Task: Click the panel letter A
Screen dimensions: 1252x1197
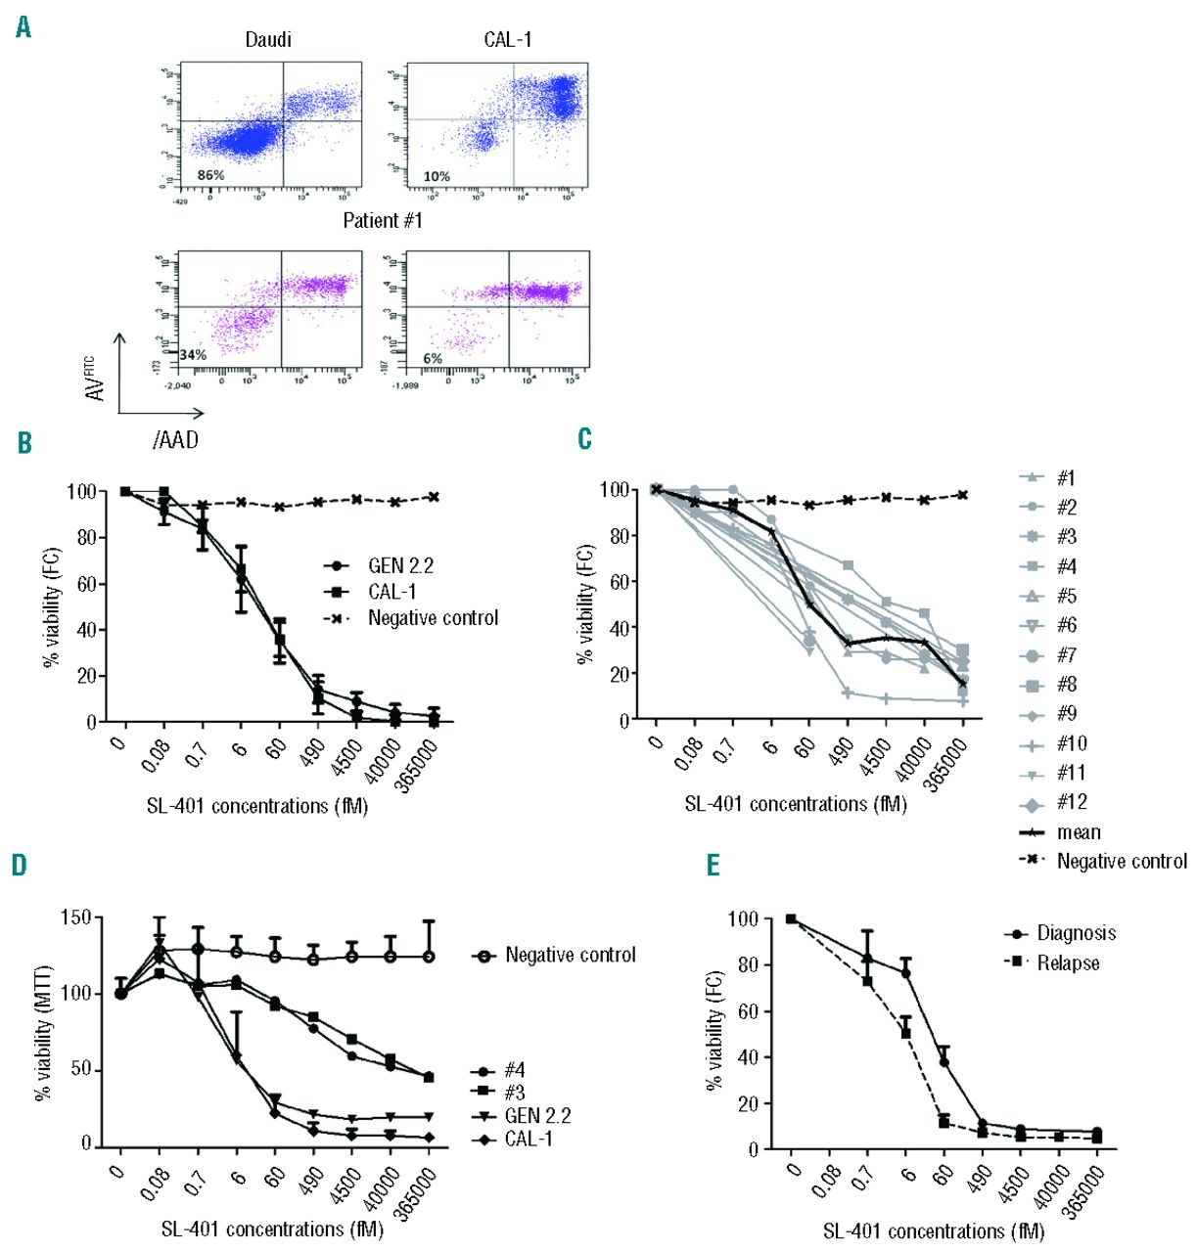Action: [23, 27]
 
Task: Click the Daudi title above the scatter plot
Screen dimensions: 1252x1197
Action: [268, 40]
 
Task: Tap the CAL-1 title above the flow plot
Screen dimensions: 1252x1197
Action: [508, 40]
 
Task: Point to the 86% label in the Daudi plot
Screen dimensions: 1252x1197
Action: [210, 176]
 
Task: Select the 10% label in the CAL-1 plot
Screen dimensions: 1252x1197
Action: [437, 177]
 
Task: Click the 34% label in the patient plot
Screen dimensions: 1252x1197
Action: [193, 355]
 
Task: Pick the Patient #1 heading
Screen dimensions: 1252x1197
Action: [383, 221]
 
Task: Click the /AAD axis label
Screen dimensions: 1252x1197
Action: [176, 441]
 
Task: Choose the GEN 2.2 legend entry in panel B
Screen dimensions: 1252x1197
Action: [400, 565]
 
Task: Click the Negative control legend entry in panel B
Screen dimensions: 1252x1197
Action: [433, 618]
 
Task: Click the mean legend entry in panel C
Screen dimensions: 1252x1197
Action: [1079, 832]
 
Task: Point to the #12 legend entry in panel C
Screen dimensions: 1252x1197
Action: [1072, 802]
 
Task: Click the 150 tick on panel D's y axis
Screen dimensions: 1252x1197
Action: [75, 917]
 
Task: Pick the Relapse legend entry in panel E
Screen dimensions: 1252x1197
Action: [1068, 963]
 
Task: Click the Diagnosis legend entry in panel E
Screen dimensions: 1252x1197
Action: [1076, 933]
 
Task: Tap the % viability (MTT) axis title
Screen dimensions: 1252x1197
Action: [42, 1033]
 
